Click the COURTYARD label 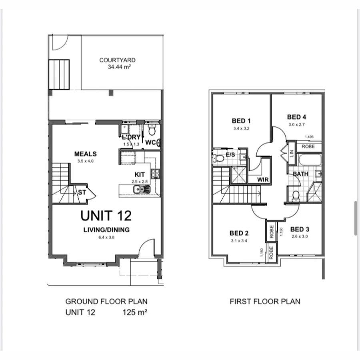(x=117, y=60)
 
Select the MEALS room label (x=85, y=154)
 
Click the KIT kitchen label (x=139, y=175)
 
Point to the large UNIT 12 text (x=106, y=216)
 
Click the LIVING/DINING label (x=106, y=230)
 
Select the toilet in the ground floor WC (x=152, y=130)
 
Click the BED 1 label (x=241, y=121)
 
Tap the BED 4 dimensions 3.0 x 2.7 (x=296, y=124)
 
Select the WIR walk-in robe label (x=263, y=180)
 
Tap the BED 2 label (x=239, y=233)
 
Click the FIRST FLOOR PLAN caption (x=265, y=302)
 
